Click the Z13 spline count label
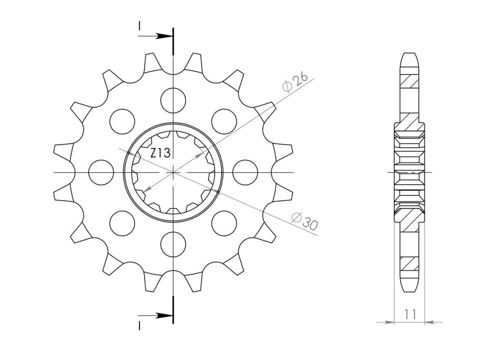click(160, 153)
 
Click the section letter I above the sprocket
click(140, 27)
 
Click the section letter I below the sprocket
click(140, 325)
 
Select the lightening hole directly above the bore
click(173, 100)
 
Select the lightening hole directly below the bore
click(173, 244)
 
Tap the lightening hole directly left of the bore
click(101, 172)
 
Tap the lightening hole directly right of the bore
click(245, 172)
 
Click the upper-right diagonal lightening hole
click(224, 121)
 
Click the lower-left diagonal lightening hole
click(122, 223)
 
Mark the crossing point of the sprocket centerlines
click(173, 172)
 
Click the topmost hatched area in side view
click(409, 81)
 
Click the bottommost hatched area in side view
click(409, 263)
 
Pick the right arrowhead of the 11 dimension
click(429, 322)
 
